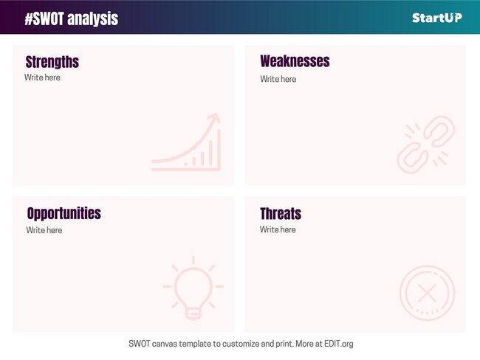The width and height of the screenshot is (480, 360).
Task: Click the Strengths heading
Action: pos(52,62)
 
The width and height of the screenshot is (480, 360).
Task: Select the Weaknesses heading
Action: pos(295,61)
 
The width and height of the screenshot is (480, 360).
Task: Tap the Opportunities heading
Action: pos(64,213)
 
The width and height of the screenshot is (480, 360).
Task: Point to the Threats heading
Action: pos(281,214)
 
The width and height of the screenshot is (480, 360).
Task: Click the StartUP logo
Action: pos(437,18)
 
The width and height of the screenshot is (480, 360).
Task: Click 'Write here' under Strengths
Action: pos(42,77)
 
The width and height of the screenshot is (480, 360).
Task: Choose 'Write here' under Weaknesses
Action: pos(278,79)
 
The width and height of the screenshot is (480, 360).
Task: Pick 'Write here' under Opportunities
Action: pos(44,230)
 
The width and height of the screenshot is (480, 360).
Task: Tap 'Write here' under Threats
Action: pos(278,229)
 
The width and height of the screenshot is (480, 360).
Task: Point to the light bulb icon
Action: pos(193,288)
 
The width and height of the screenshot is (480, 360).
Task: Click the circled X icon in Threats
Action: pos(426,293)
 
